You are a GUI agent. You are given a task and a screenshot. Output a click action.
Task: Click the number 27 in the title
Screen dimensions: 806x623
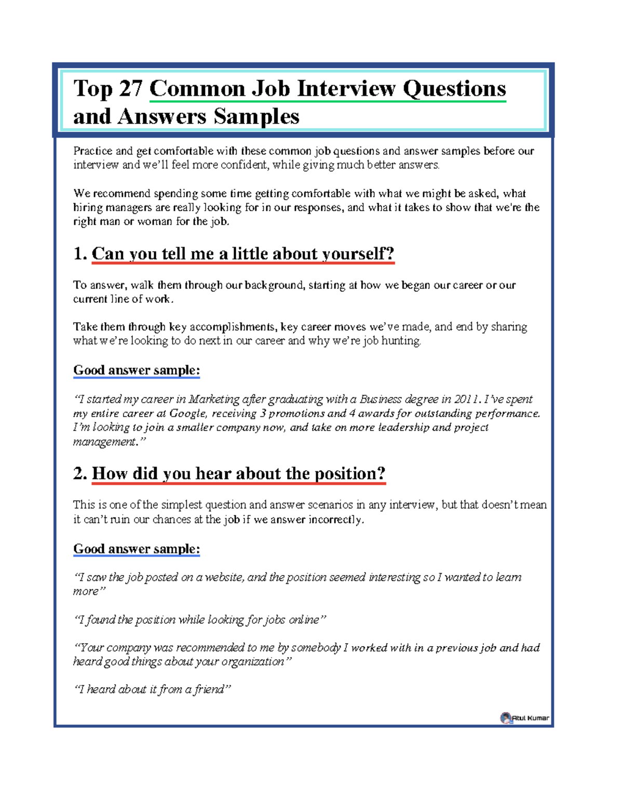click(130, 88)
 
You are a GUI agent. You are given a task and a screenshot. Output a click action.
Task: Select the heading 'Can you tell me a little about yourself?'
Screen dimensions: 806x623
click(243, 254)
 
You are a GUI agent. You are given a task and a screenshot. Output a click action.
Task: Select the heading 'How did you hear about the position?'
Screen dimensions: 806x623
click(238, 473)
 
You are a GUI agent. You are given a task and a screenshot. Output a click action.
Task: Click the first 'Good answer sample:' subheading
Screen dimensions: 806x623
click(137, 370)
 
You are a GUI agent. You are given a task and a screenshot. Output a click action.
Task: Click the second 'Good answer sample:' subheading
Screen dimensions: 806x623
click(137, 549)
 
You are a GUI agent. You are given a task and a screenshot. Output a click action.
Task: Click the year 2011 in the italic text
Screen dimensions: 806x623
click(466, 399)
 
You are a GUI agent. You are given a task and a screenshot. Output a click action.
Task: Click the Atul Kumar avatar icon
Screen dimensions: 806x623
click(506, 718)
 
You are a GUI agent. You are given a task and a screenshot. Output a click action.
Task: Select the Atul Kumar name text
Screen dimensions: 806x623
click(531, 718)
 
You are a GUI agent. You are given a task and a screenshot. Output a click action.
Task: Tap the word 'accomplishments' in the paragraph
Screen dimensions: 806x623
click(233, 327)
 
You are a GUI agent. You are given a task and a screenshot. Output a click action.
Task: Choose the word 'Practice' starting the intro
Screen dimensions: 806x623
click(92, 151)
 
